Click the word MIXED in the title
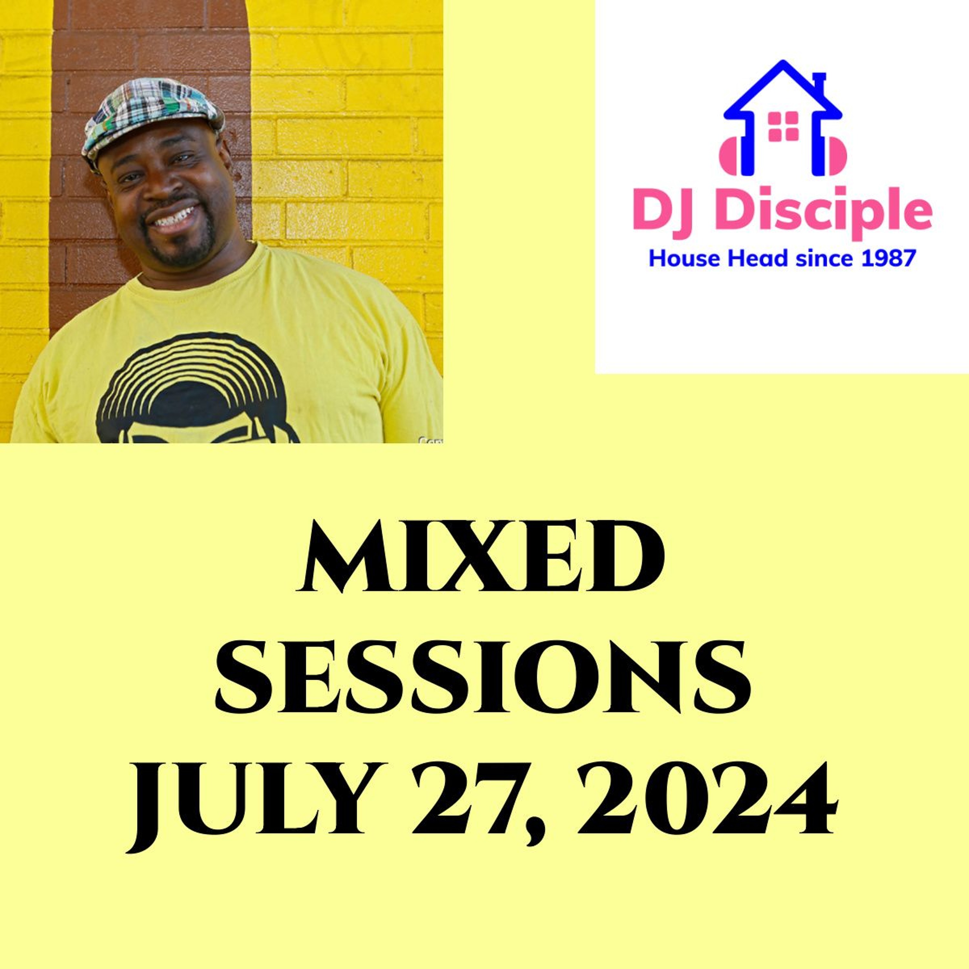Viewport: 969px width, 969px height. [x=482, y=559]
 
